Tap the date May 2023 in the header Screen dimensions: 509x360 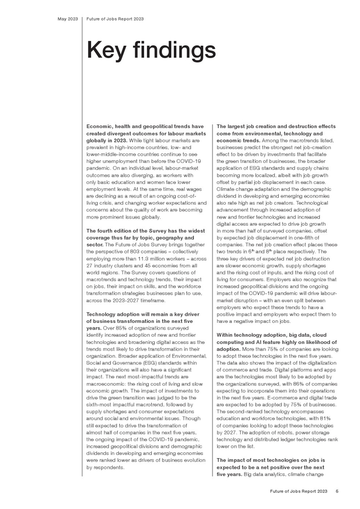(67, 19)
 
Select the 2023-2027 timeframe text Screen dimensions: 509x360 (133, 299)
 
